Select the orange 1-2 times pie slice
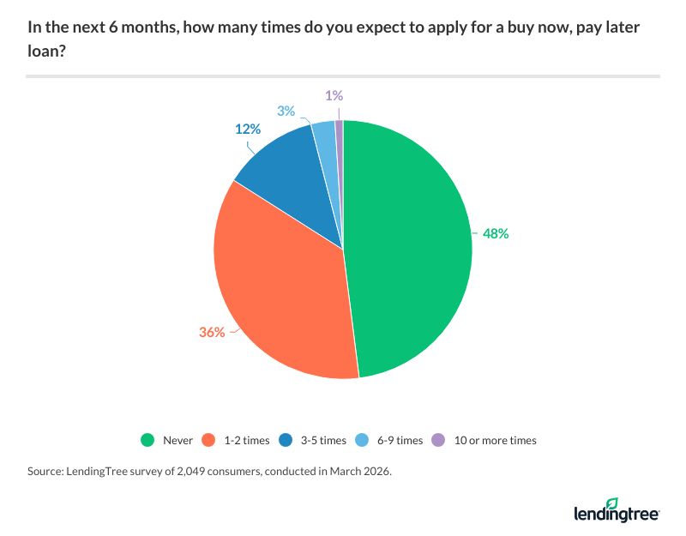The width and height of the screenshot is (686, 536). (x=283, y=292)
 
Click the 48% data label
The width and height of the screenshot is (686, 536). (x=495, y=232)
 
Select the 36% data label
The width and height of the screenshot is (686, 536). (x=211, y=332)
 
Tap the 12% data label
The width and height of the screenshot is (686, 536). (x=248, y=130)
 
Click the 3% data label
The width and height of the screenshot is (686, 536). (x=286, y=111)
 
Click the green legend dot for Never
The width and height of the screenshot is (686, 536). (x=147, y=440)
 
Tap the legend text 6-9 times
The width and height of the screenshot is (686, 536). (x=399, y=440)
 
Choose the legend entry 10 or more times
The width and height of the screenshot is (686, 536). (x=484, y=440)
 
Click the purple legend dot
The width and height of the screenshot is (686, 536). (x=438, y=440)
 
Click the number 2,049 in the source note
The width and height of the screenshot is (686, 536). (x=185, y=471)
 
